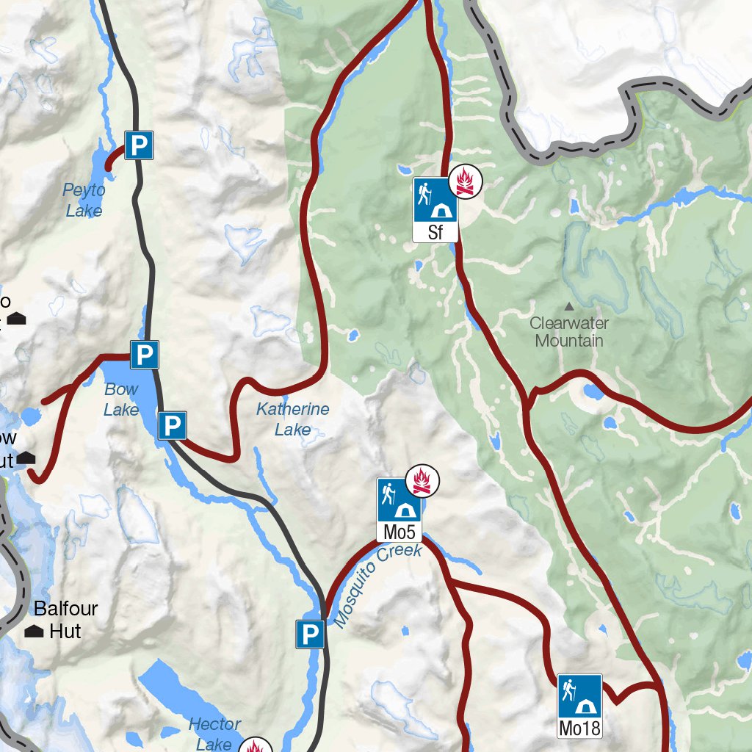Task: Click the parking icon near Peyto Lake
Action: (138, 145)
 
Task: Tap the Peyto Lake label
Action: (84, 200)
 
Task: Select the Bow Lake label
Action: (121, 399)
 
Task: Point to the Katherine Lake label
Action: (292, 419)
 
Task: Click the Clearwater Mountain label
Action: (569, 331)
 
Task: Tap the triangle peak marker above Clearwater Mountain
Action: (568, 305)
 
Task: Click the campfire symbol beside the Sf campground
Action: (465, 181)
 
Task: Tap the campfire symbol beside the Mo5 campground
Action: (422, 481)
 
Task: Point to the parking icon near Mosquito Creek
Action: (310, 634)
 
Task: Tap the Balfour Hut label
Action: (65, 620)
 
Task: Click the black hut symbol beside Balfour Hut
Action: (34, 632)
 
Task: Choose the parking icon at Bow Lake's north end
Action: (145, 355)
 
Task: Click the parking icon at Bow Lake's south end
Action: (172, 425)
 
